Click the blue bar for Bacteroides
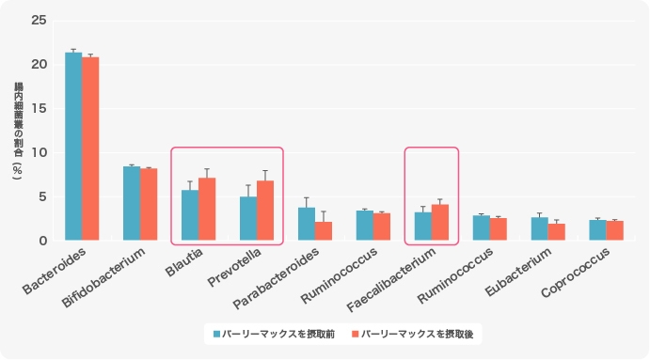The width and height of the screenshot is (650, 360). pos(72,148)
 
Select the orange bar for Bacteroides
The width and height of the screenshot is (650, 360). pos(90,149)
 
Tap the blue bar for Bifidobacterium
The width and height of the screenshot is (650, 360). pos(131,204)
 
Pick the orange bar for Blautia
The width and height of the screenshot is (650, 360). pos(207,210)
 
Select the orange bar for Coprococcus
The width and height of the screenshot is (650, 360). pos(615,231)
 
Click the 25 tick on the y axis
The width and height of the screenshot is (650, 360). pos(38,20)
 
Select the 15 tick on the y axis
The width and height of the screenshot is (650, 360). pos(38,108)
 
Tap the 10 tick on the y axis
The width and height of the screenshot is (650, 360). pos(38,152)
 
